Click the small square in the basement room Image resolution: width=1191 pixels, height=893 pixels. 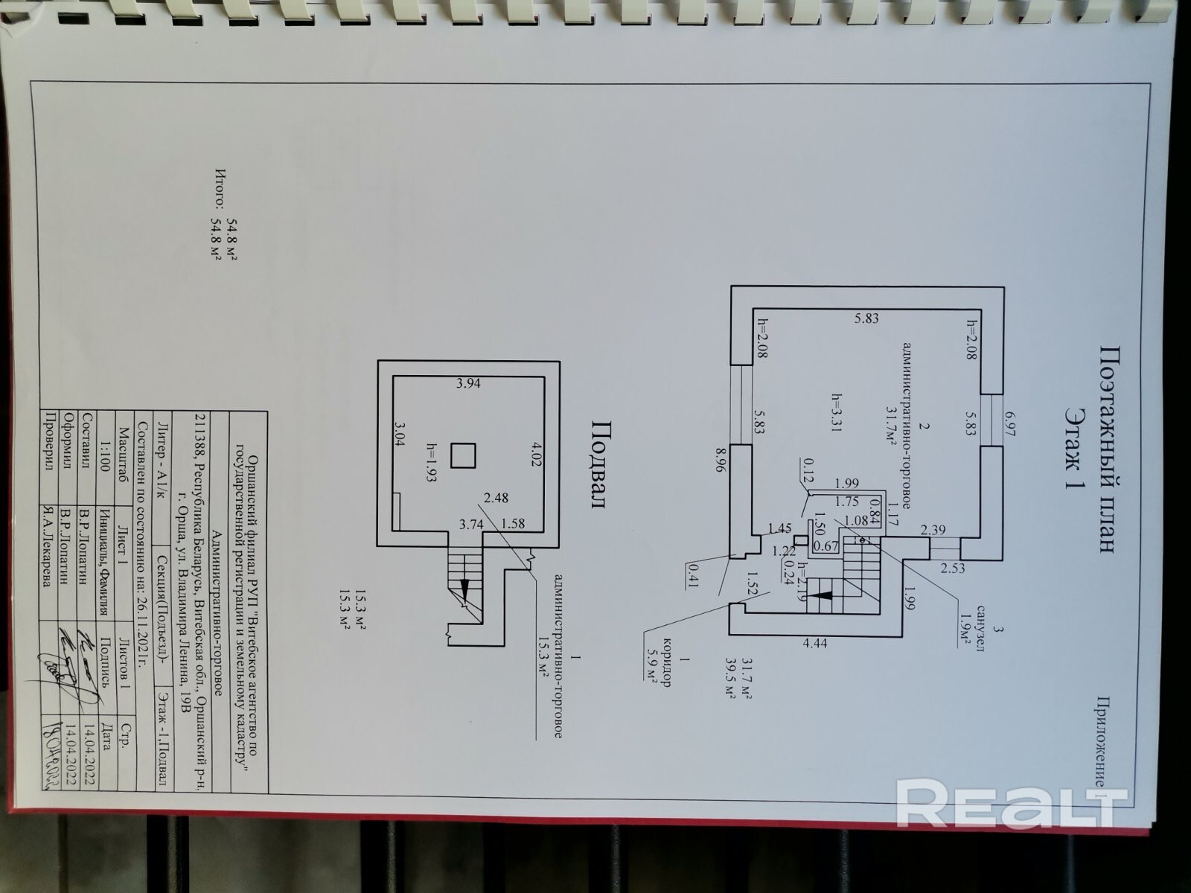point(465,455)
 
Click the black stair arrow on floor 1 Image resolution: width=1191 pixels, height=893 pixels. point(821,595)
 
